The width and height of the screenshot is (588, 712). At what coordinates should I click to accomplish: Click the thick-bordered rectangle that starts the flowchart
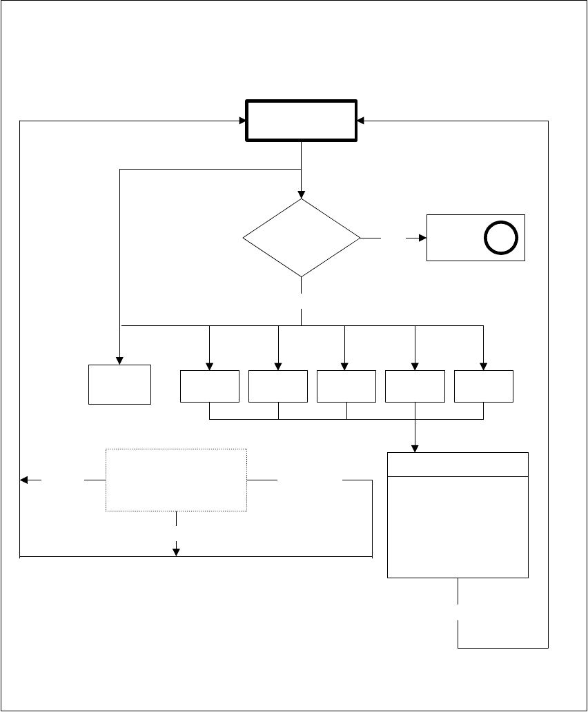(x=302, y=121)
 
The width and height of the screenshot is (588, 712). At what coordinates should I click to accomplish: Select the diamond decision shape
(x=302, y=238)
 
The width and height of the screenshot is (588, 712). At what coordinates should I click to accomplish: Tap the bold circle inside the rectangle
(x=497, y=238)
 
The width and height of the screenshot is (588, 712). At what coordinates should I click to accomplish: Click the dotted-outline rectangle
(x=176, y=480)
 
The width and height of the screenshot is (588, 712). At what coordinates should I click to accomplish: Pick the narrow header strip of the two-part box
(x=458, y=464)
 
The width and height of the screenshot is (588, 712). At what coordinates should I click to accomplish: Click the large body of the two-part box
(x=458, y=526)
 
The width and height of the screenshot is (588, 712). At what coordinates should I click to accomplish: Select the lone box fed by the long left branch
(x=119, y=384)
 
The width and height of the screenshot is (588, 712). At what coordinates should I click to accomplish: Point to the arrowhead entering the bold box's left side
(x=242, y=121)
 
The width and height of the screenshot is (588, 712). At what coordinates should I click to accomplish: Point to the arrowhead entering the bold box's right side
(x=361, y=121)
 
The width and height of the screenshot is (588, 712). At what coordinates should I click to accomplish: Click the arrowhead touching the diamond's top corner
(x=302, y=195)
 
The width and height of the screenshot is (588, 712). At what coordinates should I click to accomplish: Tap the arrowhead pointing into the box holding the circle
(x=422, y=238)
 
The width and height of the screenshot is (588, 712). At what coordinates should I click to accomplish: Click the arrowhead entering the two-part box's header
(x=415, y=448)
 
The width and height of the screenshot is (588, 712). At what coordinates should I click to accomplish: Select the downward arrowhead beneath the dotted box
(x=177, y=551)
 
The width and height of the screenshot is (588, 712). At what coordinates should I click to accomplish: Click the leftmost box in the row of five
(x=209, y=386)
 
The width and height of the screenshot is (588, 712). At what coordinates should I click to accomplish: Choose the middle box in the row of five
(x=346, y=386)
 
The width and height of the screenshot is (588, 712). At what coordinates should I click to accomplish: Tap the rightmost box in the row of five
(x=484, y=386)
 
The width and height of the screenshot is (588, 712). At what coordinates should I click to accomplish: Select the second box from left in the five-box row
(x=277, y=386)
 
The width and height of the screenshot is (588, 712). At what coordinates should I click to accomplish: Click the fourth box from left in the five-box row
(x=415, y=386)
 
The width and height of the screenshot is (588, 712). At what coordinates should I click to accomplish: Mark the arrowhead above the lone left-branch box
(x=119, y=360)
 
